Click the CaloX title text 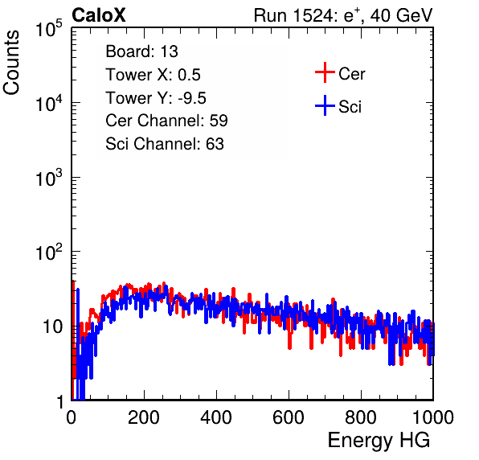[99, 15]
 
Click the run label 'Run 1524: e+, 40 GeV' [343, 15]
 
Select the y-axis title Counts [11, 63]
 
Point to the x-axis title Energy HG [379, 441]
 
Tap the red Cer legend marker [325, 72]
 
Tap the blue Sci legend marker [325, 105]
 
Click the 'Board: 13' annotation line [141, 51]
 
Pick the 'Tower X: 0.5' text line [153, 75]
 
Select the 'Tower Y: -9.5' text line [156, 98]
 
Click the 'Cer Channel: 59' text [166, 121]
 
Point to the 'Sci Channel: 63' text [165, 144]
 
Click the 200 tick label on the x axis [144, 417]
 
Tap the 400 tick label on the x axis [216, 417]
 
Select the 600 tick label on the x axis [289, 417]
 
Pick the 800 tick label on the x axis [361, 417]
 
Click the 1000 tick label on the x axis [433, 417]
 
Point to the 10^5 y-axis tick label [49, 29]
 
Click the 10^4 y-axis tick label [49, 104]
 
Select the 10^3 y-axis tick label [49, 179]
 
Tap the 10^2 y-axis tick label [49, 253]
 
